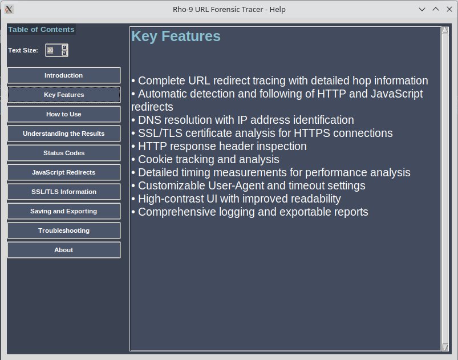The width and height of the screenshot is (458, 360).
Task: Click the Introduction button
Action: (64, 75)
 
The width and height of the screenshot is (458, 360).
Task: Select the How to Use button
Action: (64, 114)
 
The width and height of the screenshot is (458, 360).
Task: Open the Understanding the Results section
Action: (64, 134)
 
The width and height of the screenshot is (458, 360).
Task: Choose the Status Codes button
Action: (64, 153)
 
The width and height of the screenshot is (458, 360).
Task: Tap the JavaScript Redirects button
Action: (64, 172)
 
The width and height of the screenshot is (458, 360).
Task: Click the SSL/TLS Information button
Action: (64, 192)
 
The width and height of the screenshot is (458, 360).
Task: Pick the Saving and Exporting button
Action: (64, 211)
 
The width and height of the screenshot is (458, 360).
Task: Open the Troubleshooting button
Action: (64, 230)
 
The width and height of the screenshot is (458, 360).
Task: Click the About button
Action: (64, 250)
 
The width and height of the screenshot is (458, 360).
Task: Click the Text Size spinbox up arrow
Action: (64, 47)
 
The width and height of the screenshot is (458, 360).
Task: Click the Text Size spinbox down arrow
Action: (64, 53)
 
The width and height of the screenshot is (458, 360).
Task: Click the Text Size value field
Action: (53, 50)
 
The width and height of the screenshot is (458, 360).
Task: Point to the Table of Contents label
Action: (41, 30)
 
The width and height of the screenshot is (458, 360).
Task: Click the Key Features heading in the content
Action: (176, 37)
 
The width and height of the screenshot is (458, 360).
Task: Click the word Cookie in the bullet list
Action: (155, 159)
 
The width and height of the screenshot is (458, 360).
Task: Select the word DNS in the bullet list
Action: (149, 120)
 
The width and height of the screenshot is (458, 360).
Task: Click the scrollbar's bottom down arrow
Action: (445, 347)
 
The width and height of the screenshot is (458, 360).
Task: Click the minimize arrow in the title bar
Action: (422, 9)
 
